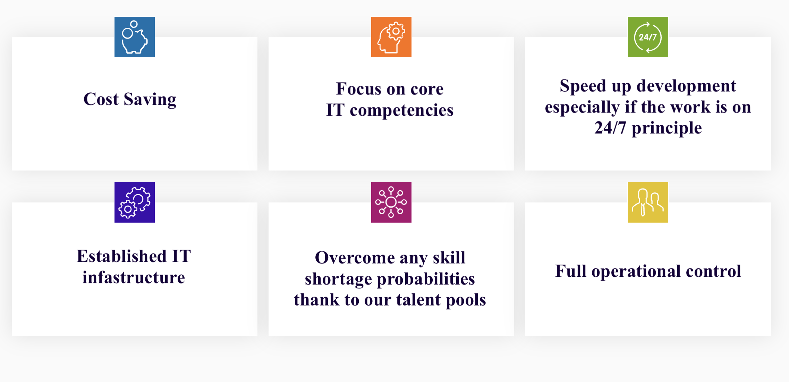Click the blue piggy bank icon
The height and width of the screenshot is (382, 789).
[x=135, y=37]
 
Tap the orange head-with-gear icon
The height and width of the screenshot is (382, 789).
[x=391, y=37]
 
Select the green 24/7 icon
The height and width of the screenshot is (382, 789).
[x=648, y=37]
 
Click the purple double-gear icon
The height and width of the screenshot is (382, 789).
[x=135, y=202]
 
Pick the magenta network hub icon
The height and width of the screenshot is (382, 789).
[x=391, y=202]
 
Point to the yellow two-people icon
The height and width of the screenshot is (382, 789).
[x=648, y=202]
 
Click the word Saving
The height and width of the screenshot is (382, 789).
[x=150, y=100]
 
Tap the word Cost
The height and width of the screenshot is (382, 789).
[x=101, y=99]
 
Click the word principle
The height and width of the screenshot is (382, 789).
[x=667, y=128]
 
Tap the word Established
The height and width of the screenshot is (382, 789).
[x=122, y=256]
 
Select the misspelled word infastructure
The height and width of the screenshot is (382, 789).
[x=134, y=277]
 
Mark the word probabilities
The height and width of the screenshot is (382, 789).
[x=426, y=280]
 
